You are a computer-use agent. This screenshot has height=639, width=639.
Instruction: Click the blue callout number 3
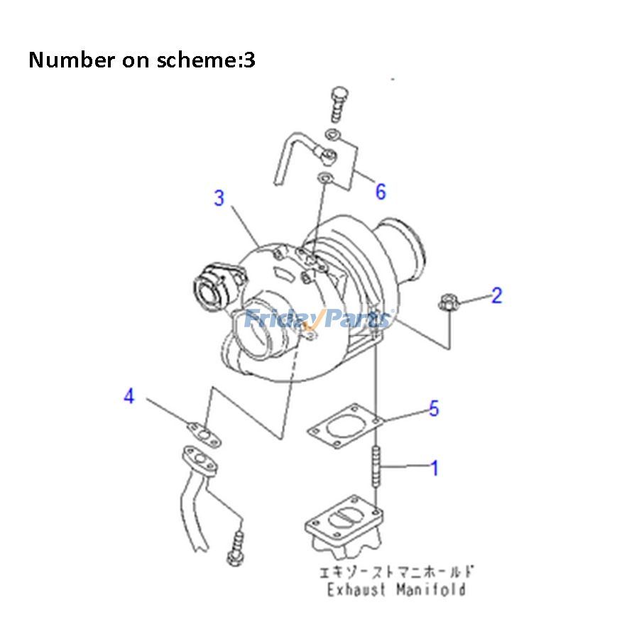click(x=219, y=199)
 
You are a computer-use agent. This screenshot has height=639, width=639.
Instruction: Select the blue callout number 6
click(x=381, y=191)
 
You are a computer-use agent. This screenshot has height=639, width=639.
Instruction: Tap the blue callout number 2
click(x=496, y=295)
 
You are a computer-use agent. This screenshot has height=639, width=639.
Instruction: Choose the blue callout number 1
click(x=434, y=468)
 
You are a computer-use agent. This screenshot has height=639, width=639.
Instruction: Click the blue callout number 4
click(x=129, y=396)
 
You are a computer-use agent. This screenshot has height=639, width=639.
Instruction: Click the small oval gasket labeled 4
click(x=204, y=431)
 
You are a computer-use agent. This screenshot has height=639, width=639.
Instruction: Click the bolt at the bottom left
click(x=237, y=550)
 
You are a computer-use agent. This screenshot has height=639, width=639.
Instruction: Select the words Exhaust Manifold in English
click(x=395, y=589)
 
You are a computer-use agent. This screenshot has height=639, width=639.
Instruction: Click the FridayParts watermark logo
click(x=317, y=319)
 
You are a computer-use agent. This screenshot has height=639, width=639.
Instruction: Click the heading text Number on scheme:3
click(x=142, y=60)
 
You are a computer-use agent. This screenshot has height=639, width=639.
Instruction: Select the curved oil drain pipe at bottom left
click(x=195, y=504)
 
